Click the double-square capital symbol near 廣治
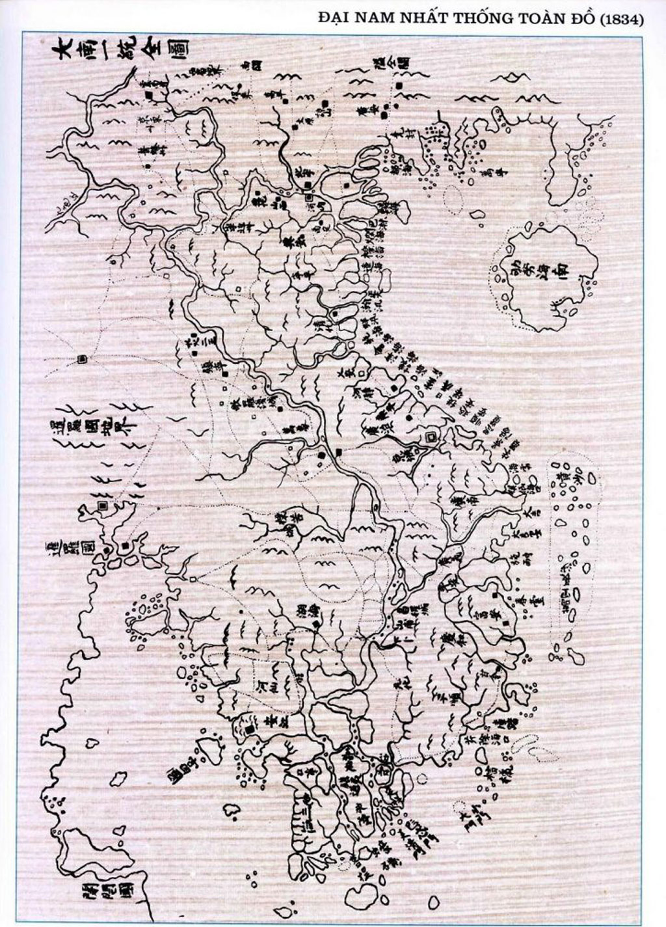coord(429,438)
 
